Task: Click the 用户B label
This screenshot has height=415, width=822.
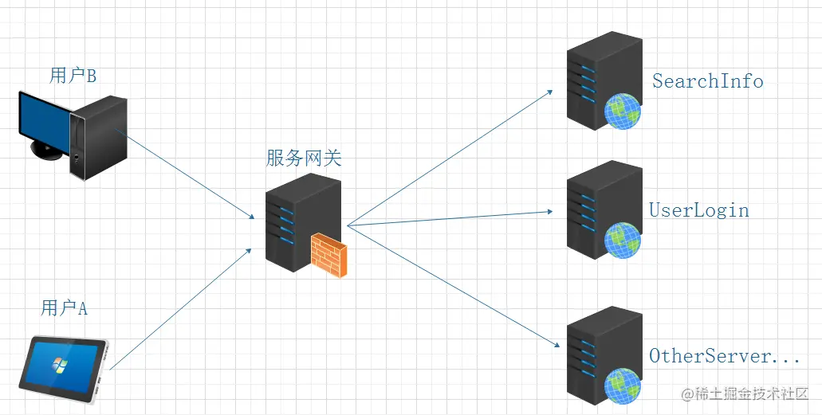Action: pos(73,76)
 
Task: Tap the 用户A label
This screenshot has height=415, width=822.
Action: pos(64,307)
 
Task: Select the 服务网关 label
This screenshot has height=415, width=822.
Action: pos(303,158)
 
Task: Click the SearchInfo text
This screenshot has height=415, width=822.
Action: pos(707,80)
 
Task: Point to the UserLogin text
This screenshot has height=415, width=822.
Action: pos(699,210)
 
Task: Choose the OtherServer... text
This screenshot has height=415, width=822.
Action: pos(724,356)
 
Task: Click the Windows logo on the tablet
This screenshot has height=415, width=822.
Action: pos(57,365)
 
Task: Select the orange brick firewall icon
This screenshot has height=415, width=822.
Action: pos(328,255)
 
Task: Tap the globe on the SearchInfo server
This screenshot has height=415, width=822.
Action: pos(623,111)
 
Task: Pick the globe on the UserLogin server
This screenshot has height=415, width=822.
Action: pos(623,240)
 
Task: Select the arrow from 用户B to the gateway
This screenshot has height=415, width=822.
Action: pos(187,176)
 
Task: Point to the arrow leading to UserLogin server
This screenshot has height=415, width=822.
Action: pos(450,218)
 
